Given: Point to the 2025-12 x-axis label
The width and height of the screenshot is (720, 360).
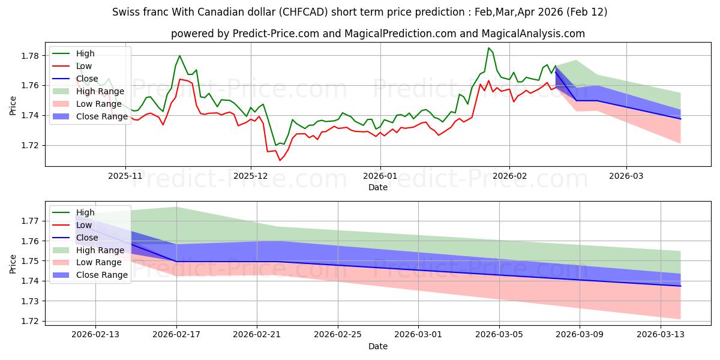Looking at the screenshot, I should (250, 177).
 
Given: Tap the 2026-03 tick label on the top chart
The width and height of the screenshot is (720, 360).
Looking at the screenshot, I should (626, 177).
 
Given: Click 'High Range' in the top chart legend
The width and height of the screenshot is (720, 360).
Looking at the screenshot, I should (100, 91).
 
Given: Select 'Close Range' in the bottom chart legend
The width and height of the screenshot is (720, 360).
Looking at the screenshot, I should (102, 275).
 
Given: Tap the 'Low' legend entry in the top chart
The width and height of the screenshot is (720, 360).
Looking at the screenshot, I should (85, 66).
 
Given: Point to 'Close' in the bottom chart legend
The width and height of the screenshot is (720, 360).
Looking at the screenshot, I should (88, 238).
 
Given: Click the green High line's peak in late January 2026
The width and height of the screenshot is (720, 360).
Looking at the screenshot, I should (489, 48).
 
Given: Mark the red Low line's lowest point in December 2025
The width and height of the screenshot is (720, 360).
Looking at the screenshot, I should (280, 160).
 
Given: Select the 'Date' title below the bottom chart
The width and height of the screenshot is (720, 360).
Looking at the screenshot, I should (378, 347).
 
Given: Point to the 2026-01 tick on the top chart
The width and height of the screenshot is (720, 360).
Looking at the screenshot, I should (380, 177).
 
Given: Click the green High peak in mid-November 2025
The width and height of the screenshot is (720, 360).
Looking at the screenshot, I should (179, 56).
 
